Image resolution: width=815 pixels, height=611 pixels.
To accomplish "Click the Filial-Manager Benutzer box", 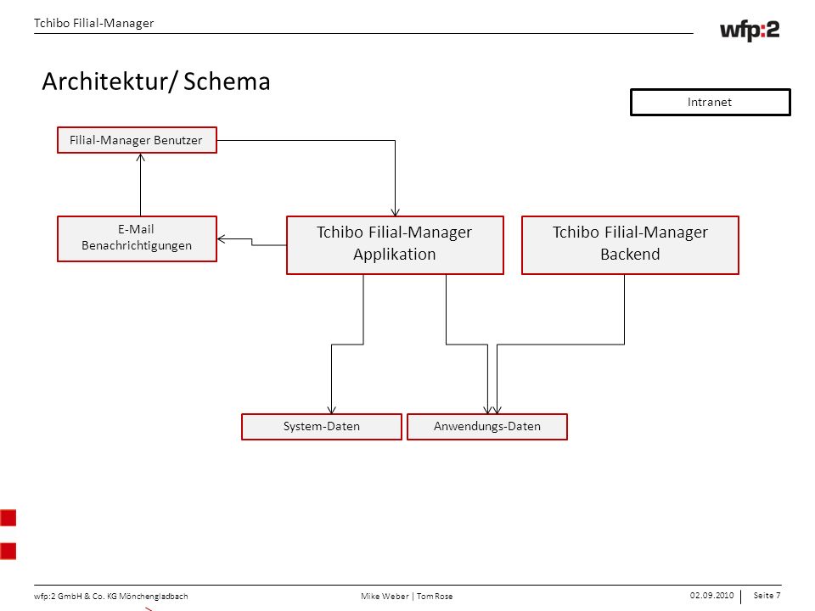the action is coord(137,140).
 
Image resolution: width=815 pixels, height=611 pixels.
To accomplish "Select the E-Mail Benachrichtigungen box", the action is coord(137,238).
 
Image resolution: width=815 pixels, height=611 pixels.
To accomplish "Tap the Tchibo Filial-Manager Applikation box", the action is coord(395,244).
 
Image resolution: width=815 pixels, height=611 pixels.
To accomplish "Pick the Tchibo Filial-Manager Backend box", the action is coord(630,244).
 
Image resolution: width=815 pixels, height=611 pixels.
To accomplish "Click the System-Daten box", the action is coord(322,427).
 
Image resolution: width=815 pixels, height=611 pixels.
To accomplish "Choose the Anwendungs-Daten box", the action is coord(487,427).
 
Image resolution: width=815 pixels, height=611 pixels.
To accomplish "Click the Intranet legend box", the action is coord(710,102).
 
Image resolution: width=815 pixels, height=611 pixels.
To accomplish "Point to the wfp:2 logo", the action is coord(750,31).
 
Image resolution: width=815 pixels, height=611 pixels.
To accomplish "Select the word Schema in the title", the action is coord(227,81).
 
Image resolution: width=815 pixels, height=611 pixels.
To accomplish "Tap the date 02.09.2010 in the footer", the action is coord(711,596).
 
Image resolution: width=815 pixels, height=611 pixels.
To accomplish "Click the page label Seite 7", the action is coord(767,596).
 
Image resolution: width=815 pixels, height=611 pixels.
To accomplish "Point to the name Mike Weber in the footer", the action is coord(385,596).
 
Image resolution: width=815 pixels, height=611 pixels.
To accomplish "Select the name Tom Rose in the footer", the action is coord(435,596).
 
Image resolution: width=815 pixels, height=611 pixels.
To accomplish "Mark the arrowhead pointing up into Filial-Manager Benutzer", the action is coord(140,157).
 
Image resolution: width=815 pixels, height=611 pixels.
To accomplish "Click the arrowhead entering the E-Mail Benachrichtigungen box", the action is coord(222,239).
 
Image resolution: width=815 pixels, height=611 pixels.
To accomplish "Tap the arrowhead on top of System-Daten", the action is coord(332,410).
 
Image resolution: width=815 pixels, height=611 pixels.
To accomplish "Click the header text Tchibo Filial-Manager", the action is coord(93,24).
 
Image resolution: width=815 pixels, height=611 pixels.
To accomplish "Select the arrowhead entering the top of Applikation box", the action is coord(395,212).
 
